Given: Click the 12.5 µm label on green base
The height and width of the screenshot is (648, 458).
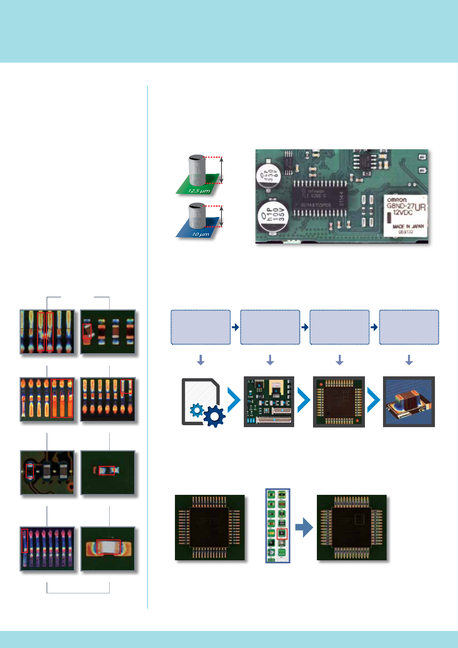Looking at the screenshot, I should coord(199,191).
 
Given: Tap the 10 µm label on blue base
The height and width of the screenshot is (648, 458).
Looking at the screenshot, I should coord(200,234).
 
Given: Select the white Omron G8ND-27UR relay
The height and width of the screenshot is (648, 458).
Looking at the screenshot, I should coord(405,215).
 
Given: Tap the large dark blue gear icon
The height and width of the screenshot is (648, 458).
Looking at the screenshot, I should coord(214,416).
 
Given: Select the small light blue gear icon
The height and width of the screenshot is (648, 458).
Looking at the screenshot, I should coord(197,410).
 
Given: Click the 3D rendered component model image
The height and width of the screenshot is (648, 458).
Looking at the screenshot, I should coord(409,402).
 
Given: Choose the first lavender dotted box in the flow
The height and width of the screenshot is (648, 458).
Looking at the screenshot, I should coord(200,327).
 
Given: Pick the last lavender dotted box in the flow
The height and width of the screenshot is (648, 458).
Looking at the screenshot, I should coord(409,327).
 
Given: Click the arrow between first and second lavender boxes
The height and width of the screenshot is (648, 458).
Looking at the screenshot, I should coord(235,327).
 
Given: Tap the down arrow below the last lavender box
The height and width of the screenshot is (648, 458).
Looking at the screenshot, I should coord(409,360).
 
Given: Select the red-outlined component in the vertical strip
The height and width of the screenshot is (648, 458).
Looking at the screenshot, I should coord(282,533).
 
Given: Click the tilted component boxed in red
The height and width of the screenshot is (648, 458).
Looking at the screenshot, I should coord(88,331).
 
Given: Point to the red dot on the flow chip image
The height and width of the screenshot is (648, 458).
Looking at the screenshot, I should coord(358,421).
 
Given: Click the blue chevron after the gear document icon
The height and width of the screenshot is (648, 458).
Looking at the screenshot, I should coord(234,400).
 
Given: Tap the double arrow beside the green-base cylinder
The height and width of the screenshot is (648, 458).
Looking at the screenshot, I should coord(222,170).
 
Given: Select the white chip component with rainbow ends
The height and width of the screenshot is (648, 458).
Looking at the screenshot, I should coord(108,547).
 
